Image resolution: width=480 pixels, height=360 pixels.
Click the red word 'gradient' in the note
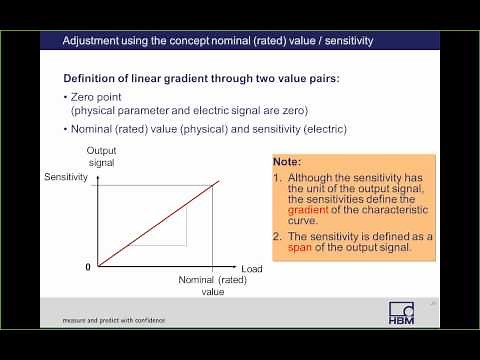pyautogui.click(x=308, y=211)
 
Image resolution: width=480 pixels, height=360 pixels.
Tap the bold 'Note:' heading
pyautogui.click(x=292, y=160)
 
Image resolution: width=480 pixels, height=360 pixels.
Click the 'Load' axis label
pyautogui.click(x=251, y=269)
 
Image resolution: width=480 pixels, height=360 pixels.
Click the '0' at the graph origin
pyautogui.click(x=87, y=268)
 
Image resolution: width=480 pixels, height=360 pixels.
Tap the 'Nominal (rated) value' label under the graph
pyautogui.click(x=212, y=286)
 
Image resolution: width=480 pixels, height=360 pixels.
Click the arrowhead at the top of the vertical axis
pyautogui.click(x=95, y=172)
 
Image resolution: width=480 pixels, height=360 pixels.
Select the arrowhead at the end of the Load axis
pyautogui.click(x=236, y=268)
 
